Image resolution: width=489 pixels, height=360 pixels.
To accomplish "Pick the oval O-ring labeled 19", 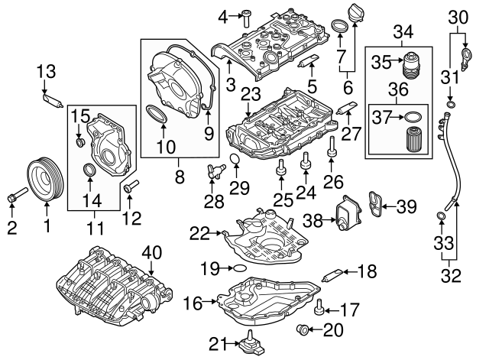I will [238, 268].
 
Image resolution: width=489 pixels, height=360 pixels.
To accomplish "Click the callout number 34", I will [400, 31].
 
